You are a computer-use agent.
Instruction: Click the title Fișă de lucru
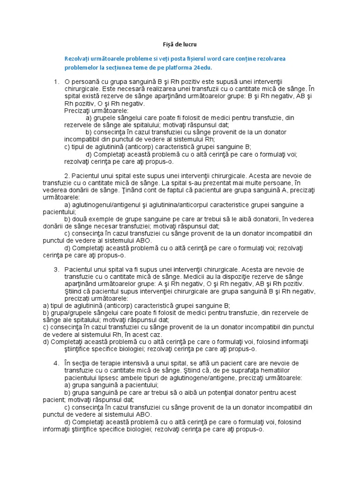[180, 45]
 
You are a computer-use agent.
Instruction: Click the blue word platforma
[181, 67]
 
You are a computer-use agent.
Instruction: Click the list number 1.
[57, 82]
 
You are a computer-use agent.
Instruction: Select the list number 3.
[56, 270]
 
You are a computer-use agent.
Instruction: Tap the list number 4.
[56, 363]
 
